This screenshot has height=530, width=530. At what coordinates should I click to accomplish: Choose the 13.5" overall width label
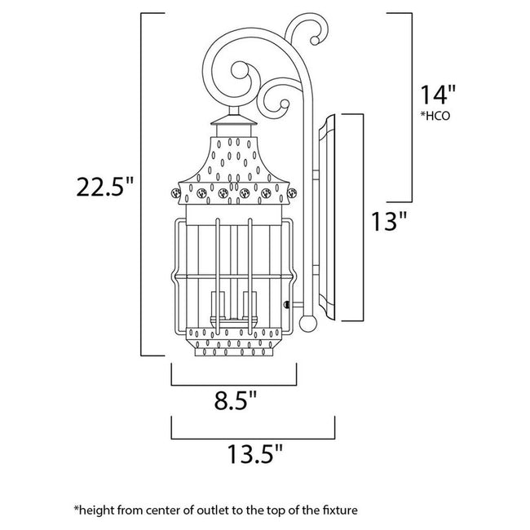254,451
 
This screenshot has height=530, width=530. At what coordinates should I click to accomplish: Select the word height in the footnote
97,510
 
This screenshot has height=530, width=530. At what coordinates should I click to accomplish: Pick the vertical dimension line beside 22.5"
144,185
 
